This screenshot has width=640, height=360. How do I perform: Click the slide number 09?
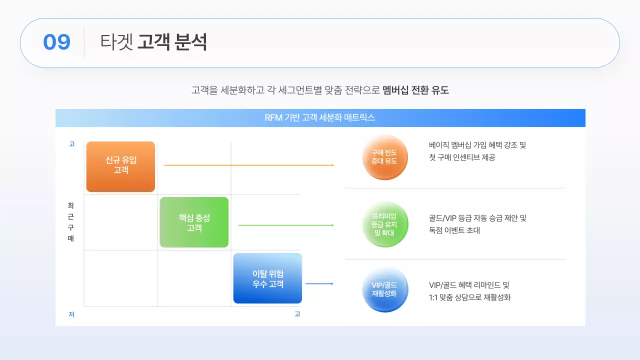pyautogui.click(x=56, y=42)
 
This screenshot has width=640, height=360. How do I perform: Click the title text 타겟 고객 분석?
pyautogui.click(x=153, y=42)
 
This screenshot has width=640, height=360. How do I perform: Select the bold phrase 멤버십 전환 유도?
pyautogui.click(x=415, y=90)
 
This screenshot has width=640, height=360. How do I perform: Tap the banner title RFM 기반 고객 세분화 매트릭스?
pyautogui.click(x=319, y=117)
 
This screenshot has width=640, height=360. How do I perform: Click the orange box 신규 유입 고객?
pyautogui.click(x=120, y=166)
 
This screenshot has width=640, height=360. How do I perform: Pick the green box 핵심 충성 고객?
pyautogui.click(x=194, y=222)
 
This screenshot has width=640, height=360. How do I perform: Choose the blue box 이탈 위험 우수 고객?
pyautogui.click(x=267, y=278)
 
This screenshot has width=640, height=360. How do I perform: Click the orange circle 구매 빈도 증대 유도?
pyautogui.click(x=384, y=157)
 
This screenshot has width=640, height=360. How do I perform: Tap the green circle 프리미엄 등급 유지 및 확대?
pyautogui.click(x=385, y=224)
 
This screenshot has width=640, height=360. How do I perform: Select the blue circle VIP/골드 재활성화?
pyautogui.click(x=385, y=289)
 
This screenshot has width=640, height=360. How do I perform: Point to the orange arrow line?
pyautogui.click(x=249, y=165)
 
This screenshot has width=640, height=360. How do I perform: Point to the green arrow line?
pyautogui.click(x=285, y=225)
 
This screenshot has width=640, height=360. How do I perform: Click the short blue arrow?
pyautogui.click(x=319, y=283)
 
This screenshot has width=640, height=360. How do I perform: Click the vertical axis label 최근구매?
pyautogui.click(x=71, y=221)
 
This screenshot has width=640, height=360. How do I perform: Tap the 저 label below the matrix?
pyautogui.click(x=71, y=314)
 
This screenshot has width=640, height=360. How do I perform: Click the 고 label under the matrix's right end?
pyautogui.click(x=297, y=314)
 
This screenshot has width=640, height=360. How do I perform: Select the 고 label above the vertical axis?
pyautogui.click(x=72, y=143)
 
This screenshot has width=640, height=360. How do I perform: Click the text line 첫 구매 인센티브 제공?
pyautogui.click(x=462, y=157)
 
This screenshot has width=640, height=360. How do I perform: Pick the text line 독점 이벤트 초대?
pyautogui.click(x=454, y=230)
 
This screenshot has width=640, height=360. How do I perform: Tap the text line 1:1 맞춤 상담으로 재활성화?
pyautogui.click(x=469, y=297)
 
